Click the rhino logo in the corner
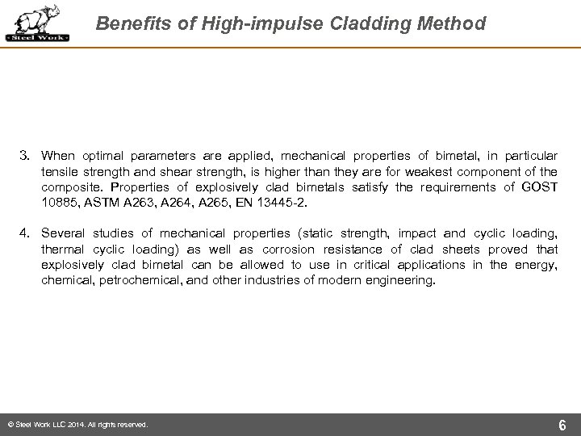click(37, 23)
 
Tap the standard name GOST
click(539, 186)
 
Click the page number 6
click(561, 425)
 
